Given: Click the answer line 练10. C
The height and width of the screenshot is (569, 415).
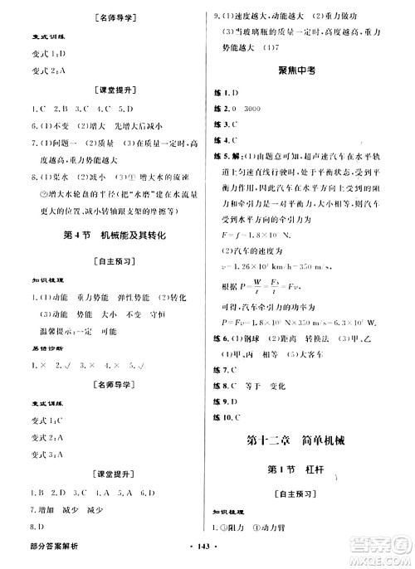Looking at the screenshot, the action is click(227, 415).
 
